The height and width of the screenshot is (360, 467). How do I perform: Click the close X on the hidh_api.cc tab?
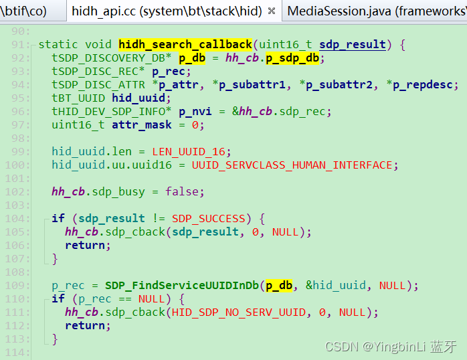pyautogui.click(x=271, y=11)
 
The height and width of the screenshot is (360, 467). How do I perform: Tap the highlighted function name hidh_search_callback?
pyautogui.click(x=185, y=45)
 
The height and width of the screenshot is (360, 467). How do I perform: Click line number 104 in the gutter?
pyautogui.click(x=21, y=219)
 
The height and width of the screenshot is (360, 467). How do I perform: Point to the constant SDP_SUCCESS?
pyautogui.click(x=208, y=219)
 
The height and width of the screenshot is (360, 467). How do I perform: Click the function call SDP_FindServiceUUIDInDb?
pyautogui.click(x=182, y=286)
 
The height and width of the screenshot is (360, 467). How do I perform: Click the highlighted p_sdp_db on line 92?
pyautogui.click(x=295, y=58)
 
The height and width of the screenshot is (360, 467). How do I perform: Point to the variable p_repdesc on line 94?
pyautogui.click(x=426, y=85)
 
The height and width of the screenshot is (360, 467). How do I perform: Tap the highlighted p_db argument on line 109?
pyautogui.click(x=279, y=286)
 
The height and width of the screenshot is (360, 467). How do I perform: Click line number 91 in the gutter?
pyautogui.click(x=21, y=45)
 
